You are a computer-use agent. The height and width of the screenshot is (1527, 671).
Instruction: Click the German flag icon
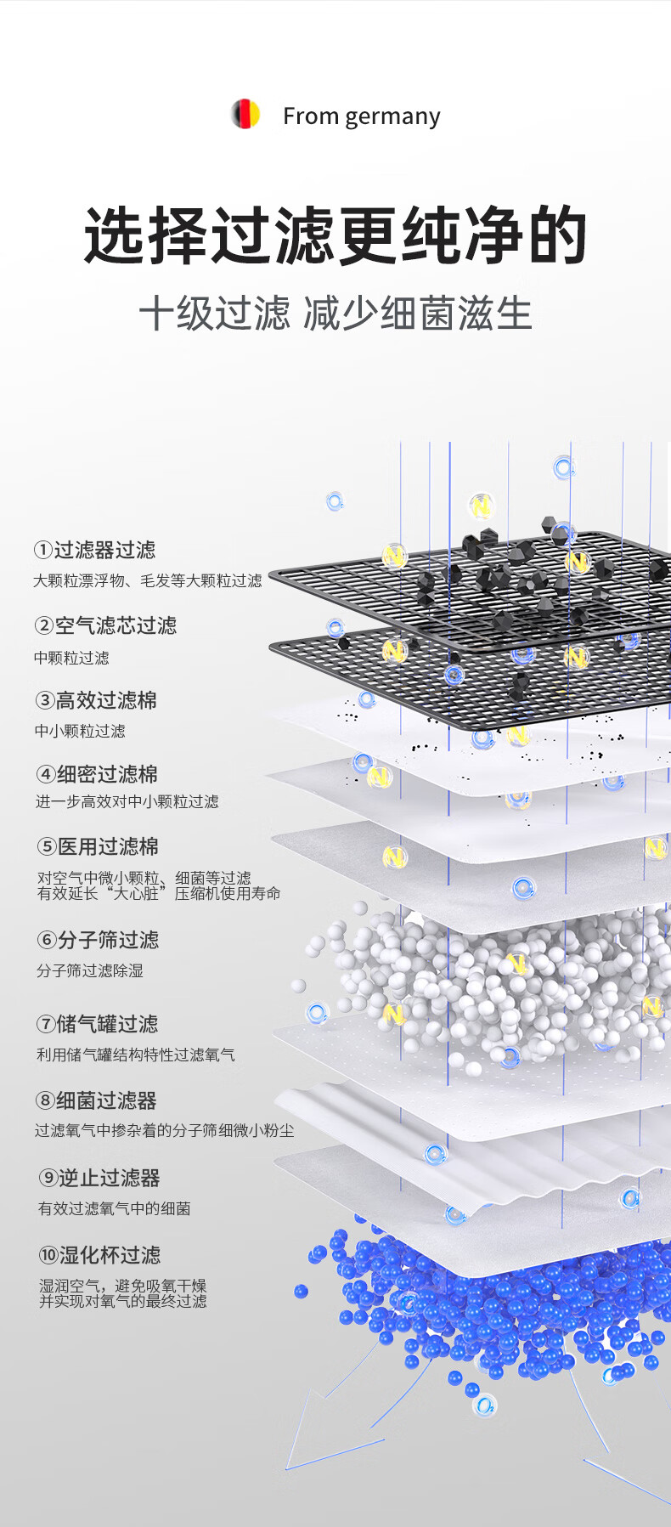pyautogui.click(x=245, y=114)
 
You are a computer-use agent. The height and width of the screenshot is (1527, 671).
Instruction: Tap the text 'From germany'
pyautogui.click(x=361, y=116)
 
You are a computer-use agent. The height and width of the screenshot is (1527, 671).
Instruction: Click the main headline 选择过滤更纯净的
pyautogui.click(x=335, y=235)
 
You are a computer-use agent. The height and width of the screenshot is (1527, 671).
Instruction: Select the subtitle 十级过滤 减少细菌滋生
pyautogui.click(x=335, y=314)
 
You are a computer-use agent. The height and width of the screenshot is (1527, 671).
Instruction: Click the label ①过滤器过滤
pyautogui.click(x=95, y=550)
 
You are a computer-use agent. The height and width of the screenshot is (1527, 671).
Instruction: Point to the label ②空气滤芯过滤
pyautogui.click(x=105, y=625)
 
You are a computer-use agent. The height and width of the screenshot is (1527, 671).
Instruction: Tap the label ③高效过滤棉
pyautogui.click(x=96, y=700)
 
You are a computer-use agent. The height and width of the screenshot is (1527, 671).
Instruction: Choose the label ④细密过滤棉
pyautogui.click(x=97, y=774)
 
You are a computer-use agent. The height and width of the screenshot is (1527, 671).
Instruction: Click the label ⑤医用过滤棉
pyautogui.click(x=98, y=846)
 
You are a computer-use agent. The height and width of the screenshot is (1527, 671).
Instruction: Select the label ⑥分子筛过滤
pyautogui.click(x=98, y=940)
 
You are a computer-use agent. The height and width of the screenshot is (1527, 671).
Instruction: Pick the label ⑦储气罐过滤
pyautogui.click(x=97, y=1024)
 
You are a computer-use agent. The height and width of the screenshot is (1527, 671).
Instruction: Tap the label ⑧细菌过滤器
pyautogui.click(x=96, y=1100)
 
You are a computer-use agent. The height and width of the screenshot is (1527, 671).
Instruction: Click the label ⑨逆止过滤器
pyautogui.click(x=99, y=1178)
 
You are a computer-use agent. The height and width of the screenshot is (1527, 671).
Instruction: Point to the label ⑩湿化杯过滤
pyautogui.click(x=99, y=1255)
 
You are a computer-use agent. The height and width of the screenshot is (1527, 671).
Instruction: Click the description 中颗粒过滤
pyautogui.click(x=71, y=658)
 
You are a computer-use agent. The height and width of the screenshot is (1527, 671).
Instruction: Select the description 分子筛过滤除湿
pyautogui.click(x=89, y=970)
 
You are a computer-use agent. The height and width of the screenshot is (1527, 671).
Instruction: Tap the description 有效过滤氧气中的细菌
pyautogui.click(x=114, y=1208)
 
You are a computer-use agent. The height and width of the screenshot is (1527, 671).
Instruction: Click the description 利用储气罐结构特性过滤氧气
pyautogui.click(x=135, y=1055)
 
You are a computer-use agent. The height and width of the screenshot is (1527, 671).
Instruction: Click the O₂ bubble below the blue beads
pyautogui.click(x=485, y=1405)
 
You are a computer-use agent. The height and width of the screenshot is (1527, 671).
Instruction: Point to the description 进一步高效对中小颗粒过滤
pyautogui.click(x=127, y=801)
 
